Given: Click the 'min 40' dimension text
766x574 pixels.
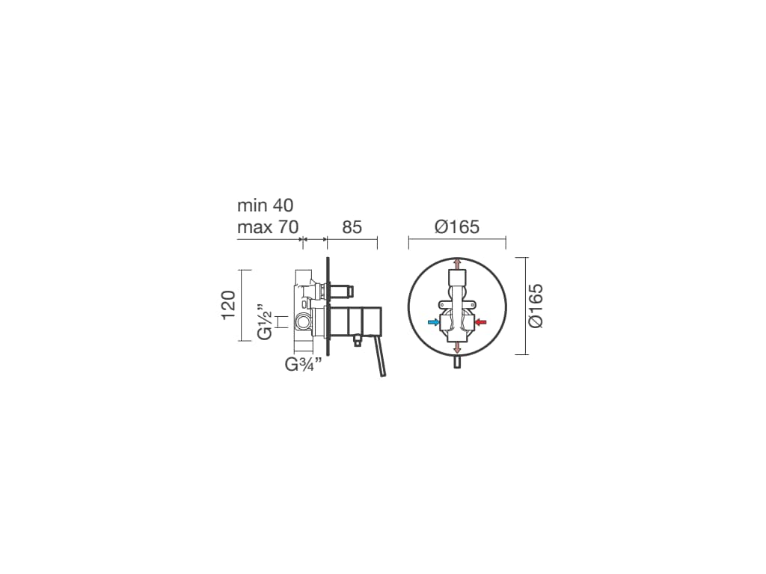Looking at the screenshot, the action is coord(266,206).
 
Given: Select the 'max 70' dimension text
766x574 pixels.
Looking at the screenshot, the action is coord(268,227).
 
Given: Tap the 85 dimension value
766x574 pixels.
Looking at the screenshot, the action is coord(352,227).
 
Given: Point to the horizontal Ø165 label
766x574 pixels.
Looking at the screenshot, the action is coord(457,227).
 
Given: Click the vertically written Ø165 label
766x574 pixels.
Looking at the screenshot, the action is coord(536,306).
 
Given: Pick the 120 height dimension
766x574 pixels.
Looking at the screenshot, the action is coord(229,305).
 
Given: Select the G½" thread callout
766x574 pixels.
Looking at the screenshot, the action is coord(264,323).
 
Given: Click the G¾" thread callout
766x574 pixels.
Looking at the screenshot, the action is coord(304,364).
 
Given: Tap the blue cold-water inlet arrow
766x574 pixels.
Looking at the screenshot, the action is coord(433,321).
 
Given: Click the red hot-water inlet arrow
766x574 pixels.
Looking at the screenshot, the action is coord(481,321).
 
